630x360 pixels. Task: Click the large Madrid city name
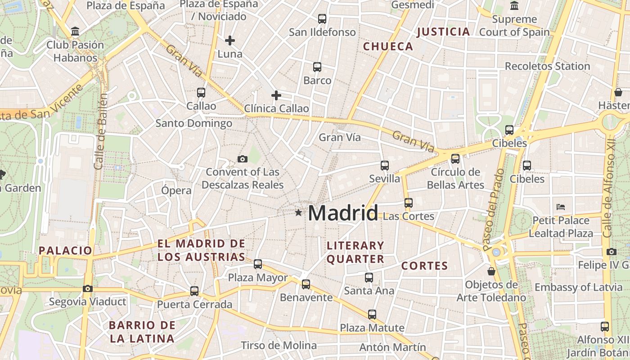tap(343, 213)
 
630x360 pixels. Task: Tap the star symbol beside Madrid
tap(298, 212)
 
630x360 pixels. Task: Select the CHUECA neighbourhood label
tap(388, 46)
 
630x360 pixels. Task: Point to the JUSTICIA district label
tap(443, 31)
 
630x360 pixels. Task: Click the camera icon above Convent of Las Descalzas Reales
tap(243, 159)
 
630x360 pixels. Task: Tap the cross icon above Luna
tap(230, 40)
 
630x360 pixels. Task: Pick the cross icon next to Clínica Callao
tap(276, 95)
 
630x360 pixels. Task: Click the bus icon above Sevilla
tap(385, 165)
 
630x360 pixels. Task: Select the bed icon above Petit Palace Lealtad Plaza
tap(561, 207)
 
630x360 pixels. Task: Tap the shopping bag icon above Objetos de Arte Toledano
tap(491, 271)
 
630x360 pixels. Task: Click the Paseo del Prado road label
tap(494, 209)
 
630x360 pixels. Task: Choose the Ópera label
tap(176, 190)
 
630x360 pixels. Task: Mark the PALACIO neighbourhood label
tap(65, 251)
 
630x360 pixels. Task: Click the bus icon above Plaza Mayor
tap(258, 264)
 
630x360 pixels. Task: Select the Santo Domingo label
tap(194, 123)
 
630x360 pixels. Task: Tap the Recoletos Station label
tap(547, 66)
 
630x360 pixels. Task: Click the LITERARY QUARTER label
tap(355, 252)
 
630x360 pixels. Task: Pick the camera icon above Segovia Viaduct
tap(88, 288)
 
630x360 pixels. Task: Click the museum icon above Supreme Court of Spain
tap(514, 6)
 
